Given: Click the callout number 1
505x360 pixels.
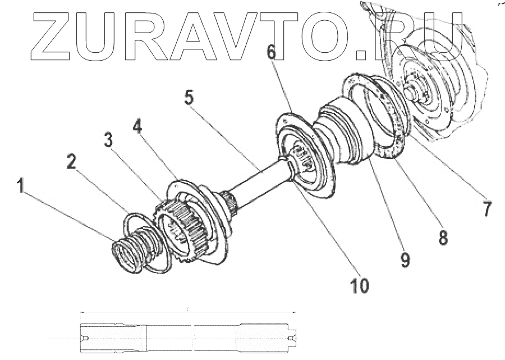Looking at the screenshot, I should coord(21,186).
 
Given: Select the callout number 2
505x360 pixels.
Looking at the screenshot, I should coord(71,162).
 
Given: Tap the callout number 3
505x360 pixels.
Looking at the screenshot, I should coord(108,139).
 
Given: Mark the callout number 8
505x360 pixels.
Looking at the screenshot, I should coord(443,237).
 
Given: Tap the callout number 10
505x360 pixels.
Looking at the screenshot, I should coord(360,285).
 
